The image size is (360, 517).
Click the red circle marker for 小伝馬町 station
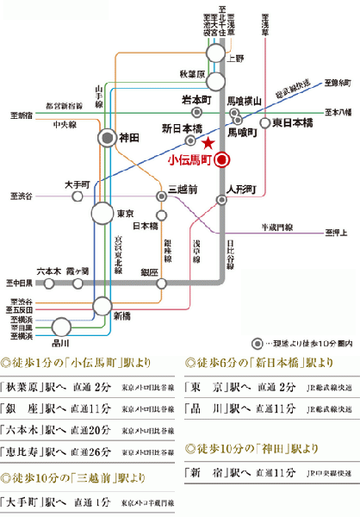(x=222, y=159)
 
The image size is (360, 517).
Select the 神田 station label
(x=129, y=137)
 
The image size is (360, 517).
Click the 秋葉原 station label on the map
(x=191, y=75)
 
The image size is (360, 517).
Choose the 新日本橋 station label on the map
(x=181, y=128)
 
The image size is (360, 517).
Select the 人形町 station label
(x=240, y=187)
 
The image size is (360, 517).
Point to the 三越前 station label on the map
(x=183, y=187)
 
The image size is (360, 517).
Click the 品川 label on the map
(x=62, y=340)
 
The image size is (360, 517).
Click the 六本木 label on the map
(x=48, y=270)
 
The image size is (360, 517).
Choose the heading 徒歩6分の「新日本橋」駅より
(x=251, y=363)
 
